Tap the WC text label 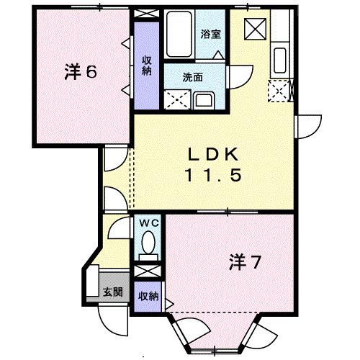pyautogui.click(x=148, y=224)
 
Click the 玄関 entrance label pyautogui.click(x=112, y=292)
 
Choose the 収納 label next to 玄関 pyautogui.click(x=148, y=295)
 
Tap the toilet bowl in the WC pyautogui.click(x=148, y=246)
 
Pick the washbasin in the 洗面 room pyautogui.click(x=204, y=100)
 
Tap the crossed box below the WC pyautogui.click(x=148, y=271)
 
